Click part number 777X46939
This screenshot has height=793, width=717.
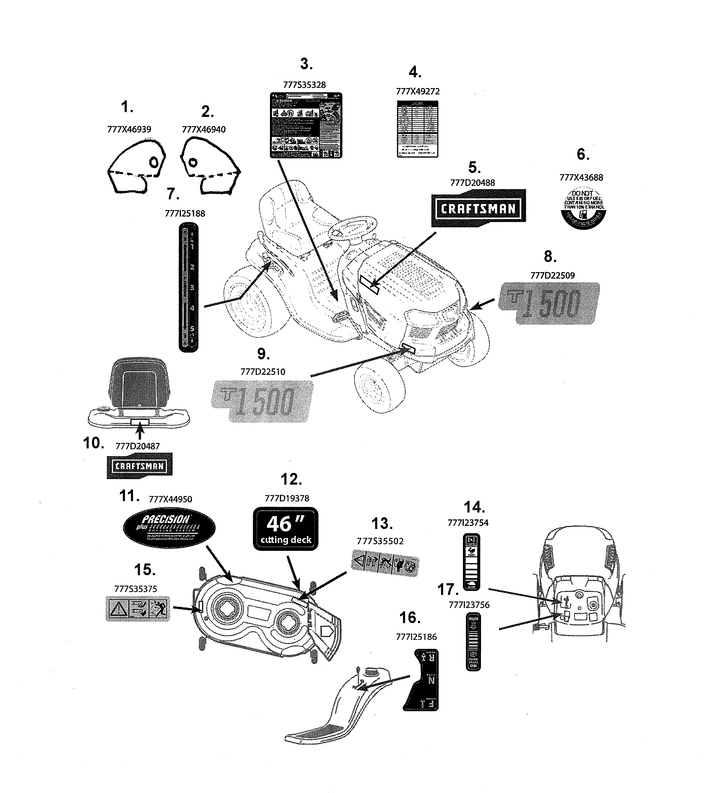click(x=129, y=129)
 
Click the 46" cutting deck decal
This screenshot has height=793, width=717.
click(x=285, y=529)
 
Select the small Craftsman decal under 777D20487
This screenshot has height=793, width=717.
click(x=140, y=466)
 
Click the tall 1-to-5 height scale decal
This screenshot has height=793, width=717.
click(x=188, y=287)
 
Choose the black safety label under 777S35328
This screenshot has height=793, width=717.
click(x=306, y=125)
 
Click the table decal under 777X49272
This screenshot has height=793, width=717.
click(x=417, y=129)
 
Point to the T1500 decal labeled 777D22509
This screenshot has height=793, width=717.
click(x=549, y=303)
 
